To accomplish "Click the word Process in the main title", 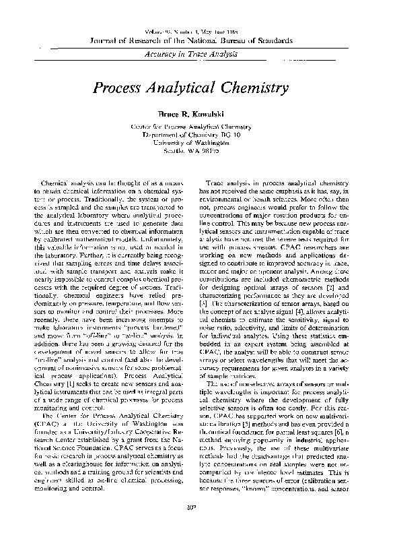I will tap(120, 88).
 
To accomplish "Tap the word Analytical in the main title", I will tap(186, 88).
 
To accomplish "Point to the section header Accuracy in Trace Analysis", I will tap(197, 53).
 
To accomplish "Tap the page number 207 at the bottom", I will tap(197, 522).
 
